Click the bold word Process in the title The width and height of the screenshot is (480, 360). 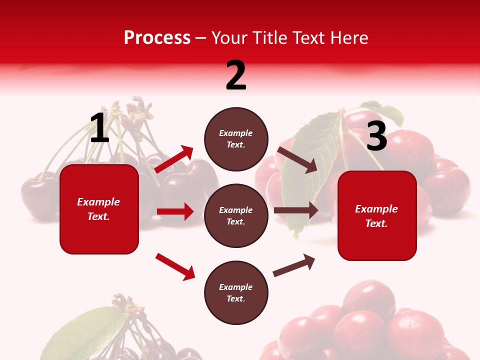(x=157, y=37)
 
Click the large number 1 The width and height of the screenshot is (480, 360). (x=99, y=128)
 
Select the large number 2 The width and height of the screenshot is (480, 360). (x=236, y=75)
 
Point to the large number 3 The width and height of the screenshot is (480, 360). (x=376, y=136)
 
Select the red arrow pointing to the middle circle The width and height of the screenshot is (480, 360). (x=175, y=211)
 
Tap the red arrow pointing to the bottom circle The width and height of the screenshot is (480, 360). (x=175, y=266)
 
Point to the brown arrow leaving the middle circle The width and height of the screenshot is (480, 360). (x=296, y=210)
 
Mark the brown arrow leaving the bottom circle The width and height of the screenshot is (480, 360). (x=294, y=265)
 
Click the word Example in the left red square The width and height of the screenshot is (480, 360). (x=98, y=202)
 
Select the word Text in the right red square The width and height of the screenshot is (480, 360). (x=376, y=223)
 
